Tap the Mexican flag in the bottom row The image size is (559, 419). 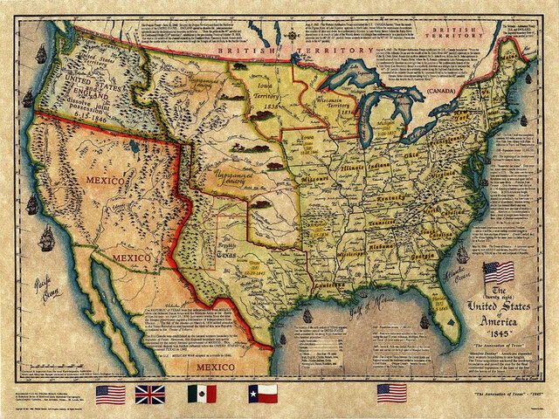click(x=202, y=394)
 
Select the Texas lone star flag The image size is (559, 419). click(x=262, y=394)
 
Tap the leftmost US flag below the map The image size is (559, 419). click(x=111, y=394)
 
